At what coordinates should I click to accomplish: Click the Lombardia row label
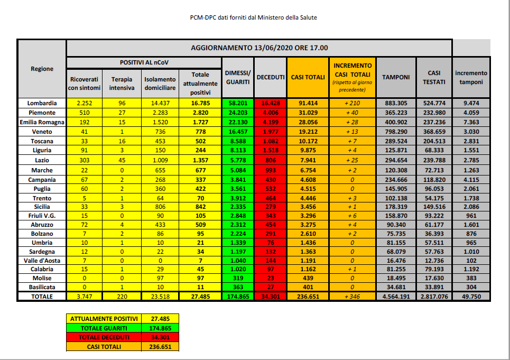(42, 103)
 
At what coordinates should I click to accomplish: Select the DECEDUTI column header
(271, 77)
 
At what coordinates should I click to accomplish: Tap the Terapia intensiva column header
(122, 83)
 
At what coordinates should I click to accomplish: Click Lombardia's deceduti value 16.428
(271, 103)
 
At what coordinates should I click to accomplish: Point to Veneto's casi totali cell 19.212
(308, 132)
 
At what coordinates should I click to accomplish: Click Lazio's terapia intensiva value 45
(122, 160)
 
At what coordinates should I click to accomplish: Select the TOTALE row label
(42, 297)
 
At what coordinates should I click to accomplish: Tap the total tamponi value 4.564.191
(396, 297)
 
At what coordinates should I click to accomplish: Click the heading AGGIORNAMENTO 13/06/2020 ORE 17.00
(259, 48)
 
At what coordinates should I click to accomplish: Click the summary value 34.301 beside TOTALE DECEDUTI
(160, 337)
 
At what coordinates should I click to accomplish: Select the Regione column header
(42, 69)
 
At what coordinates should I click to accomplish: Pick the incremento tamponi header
(471, 77)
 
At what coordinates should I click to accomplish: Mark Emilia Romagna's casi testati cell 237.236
(433, 122)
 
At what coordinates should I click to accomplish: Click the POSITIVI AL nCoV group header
(144, 62)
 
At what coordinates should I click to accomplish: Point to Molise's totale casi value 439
(308, 278)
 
